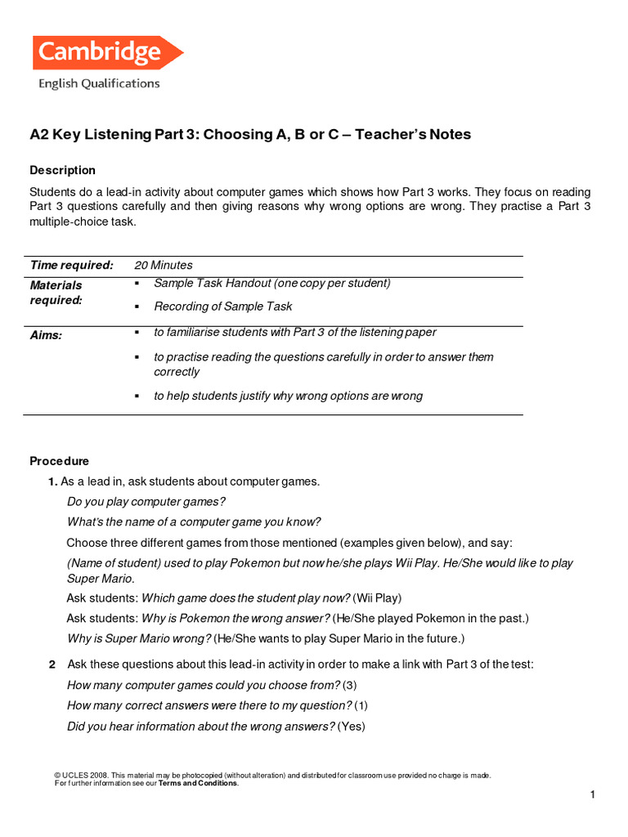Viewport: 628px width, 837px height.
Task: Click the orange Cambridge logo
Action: [106, 53]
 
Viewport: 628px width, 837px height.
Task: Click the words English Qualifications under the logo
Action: [99, 83]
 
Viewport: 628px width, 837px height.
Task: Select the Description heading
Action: [62, 170]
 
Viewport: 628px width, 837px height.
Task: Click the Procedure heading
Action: [59, 461]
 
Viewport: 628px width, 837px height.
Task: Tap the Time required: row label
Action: [71, 265]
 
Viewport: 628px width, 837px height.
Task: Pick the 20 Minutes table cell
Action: [164, 265]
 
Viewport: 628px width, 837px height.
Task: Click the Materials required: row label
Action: [56, 293]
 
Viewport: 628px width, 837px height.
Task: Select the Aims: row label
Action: [46, 335]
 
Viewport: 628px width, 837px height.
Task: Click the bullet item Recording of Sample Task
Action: [222, 307]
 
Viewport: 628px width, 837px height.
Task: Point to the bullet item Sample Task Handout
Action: [271, 283]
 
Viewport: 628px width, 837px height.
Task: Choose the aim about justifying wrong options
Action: [288, 396]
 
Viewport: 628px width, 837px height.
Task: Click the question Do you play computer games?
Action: [146, 501]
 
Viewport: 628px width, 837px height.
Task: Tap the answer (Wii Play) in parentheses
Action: [377, 598]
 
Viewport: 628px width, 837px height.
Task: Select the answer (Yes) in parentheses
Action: [352, 726]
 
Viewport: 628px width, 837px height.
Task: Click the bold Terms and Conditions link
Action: [198, 783]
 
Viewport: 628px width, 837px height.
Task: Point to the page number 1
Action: [593, 794]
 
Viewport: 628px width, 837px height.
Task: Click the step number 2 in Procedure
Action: [52, 665]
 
